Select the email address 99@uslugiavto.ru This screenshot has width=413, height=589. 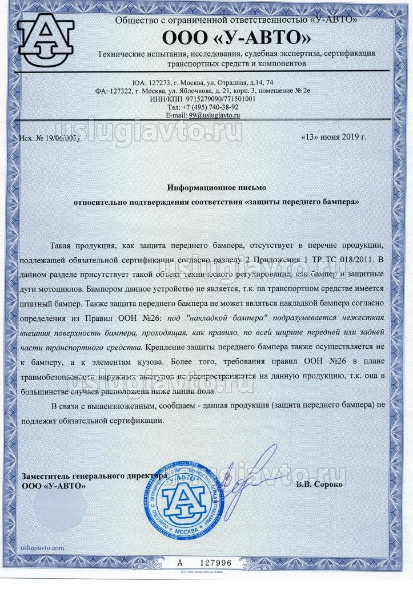[203, 115]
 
